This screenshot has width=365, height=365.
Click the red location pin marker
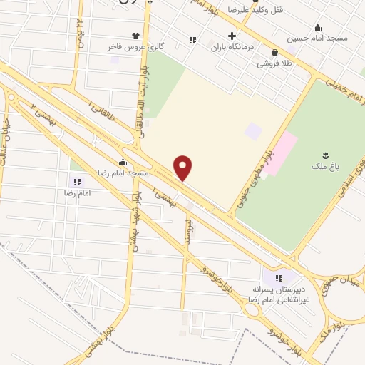[x=184, y=168]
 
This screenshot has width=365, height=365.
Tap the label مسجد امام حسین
[x=317, y=38]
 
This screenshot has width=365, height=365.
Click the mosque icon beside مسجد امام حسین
[x=317, y=27]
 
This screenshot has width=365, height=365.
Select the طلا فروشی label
[x=275, y=63]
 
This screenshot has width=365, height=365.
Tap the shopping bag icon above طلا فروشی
[x=275, y=52]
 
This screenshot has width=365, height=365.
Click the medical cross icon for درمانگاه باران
[x=232, y=36]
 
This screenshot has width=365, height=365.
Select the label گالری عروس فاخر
[x=132, y=46]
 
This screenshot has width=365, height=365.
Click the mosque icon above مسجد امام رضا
[x=123, y=162]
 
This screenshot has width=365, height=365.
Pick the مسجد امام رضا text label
[x=123, y=173]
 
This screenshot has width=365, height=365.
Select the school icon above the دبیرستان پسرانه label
[x=279, y=278]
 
